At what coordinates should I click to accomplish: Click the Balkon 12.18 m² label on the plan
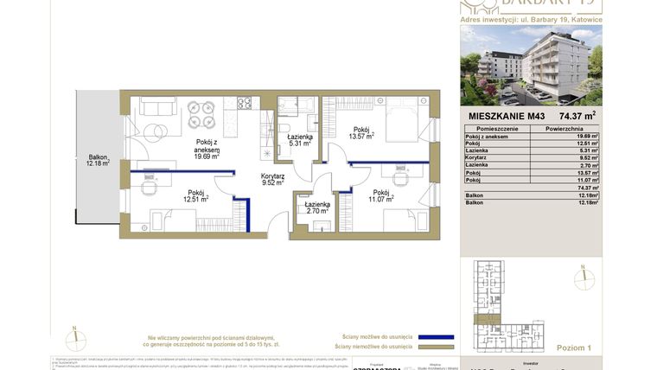98,160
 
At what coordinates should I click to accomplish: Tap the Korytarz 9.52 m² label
273,179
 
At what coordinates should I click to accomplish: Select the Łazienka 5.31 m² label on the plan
300,140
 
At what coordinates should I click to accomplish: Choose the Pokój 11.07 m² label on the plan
381,196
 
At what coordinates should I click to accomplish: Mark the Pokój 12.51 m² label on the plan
195,196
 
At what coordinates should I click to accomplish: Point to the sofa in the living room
157,105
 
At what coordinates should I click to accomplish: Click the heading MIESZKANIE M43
507,115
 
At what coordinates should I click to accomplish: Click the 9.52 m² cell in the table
588,158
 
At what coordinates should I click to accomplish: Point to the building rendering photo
531,65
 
